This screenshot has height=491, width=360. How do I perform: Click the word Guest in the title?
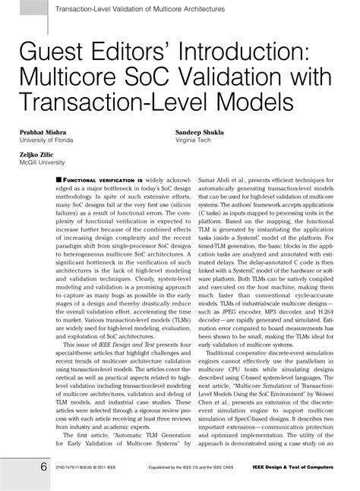point(48,54)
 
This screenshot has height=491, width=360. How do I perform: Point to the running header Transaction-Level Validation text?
point(128,8)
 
